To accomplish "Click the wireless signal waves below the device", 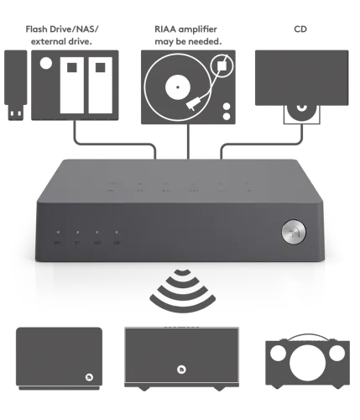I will pos(180,291).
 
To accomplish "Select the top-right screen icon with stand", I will pos(299,80).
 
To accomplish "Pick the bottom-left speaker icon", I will pos(60,357).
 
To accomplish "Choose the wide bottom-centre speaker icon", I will pos(181,357).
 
